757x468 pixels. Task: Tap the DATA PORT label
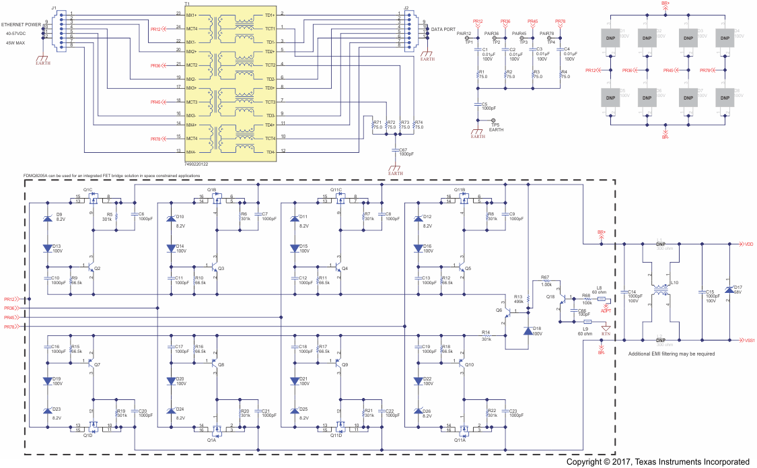(x=443, y=30)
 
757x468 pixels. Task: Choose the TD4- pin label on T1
(x=270, y=152)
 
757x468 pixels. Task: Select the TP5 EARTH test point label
(x=495, y=127)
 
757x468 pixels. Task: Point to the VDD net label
(x=749, y=244)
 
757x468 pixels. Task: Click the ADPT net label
(x=606, y=311)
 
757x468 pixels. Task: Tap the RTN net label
(x=606, y=333)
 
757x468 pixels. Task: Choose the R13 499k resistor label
(x=518, y=298)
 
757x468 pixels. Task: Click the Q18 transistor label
(x=550, y=296)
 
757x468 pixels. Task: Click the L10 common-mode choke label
(x=675, y=283)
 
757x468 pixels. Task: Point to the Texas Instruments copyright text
(x=657, y=462)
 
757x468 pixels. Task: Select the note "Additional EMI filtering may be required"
(x=670, y=354)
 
